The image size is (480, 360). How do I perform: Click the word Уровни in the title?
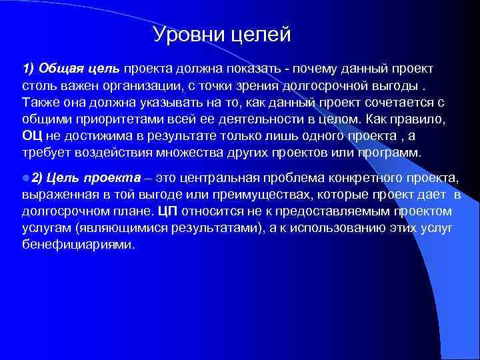click(x=185, y=35)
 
